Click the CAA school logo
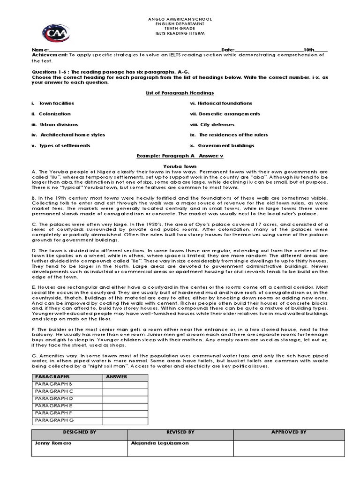[x=56, y=33]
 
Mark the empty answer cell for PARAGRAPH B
[x=125, y=384]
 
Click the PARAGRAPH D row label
[x=54, y=398]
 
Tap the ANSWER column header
[x=117, y=376]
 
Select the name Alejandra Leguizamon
[x=159, y=443]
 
